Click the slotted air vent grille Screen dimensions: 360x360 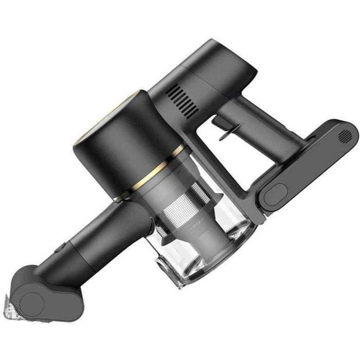tap(182, 101)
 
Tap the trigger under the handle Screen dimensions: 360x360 tap(226, 127)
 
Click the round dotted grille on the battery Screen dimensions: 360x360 tap(345, 135)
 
